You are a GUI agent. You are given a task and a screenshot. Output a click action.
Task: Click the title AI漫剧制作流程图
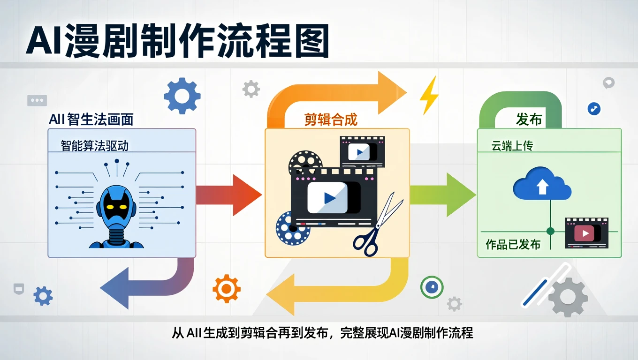177,42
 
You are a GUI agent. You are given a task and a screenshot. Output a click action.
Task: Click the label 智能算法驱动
95,145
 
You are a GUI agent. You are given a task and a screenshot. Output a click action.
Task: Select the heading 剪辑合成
331,120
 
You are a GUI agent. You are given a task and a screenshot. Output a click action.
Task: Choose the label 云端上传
512,146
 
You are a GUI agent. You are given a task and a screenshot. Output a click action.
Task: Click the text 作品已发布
513,244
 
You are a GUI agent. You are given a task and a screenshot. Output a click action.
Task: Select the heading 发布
529,120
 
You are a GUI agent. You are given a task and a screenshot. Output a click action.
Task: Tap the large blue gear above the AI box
182,96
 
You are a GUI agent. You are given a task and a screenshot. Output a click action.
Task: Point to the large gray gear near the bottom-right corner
568,297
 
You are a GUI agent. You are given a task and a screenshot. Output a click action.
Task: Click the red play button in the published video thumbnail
585,233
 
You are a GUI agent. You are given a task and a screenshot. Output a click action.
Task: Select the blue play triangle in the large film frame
329,198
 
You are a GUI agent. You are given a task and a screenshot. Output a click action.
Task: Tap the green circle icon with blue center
432,287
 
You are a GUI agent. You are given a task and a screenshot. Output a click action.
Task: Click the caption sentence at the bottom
322,333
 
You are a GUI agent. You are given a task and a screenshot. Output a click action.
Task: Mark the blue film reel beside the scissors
293,228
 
